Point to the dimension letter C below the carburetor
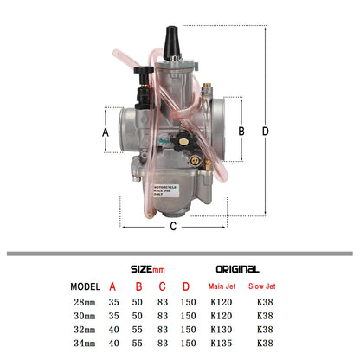173,228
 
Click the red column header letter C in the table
160,287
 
